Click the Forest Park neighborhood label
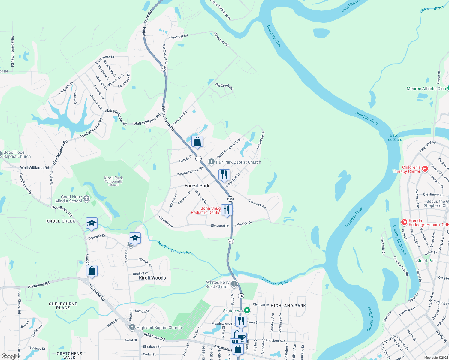197,186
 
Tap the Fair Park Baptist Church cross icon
211,162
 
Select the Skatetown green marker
247,310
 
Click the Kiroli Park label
113,178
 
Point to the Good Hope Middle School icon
86,199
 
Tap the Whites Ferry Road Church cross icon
234,284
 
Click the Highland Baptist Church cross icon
132,327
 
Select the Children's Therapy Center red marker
425,169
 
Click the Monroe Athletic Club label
426,88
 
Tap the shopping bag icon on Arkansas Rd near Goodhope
92,271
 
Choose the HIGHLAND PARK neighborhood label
288,306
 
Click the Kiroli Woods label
152,278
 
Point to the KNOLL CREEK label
61,221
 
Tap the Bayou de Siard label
395,137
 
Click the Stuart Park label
426,261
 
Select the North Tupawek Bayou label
176,248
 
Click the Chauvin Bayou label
432,9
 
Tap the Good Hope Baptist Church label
17,154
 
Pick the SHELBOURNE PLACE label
63,306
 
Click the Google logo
10,356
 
